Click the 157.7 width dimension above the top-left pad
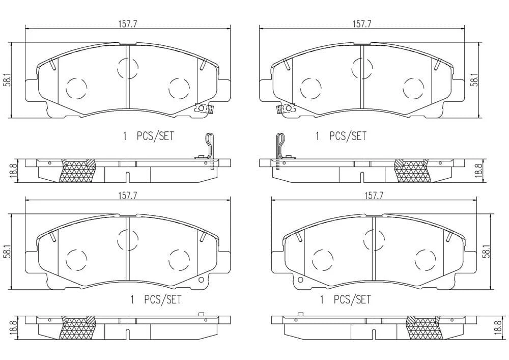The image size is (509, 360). tap(127, 23)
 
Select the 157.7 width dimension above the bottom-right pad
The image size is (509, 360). tap(374, 196)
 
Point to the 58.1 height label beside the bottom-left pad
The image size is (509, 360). tap(7, 252)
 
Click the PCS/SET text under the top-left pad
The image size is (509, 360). tap(155, 136)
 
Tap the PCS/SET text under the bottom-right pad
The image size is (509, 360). tap(352, 299)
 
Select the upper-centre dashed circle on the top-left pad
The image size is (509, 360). tap(128, 68)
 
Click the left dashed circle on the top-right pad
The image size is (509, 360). tap(311, 89)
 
